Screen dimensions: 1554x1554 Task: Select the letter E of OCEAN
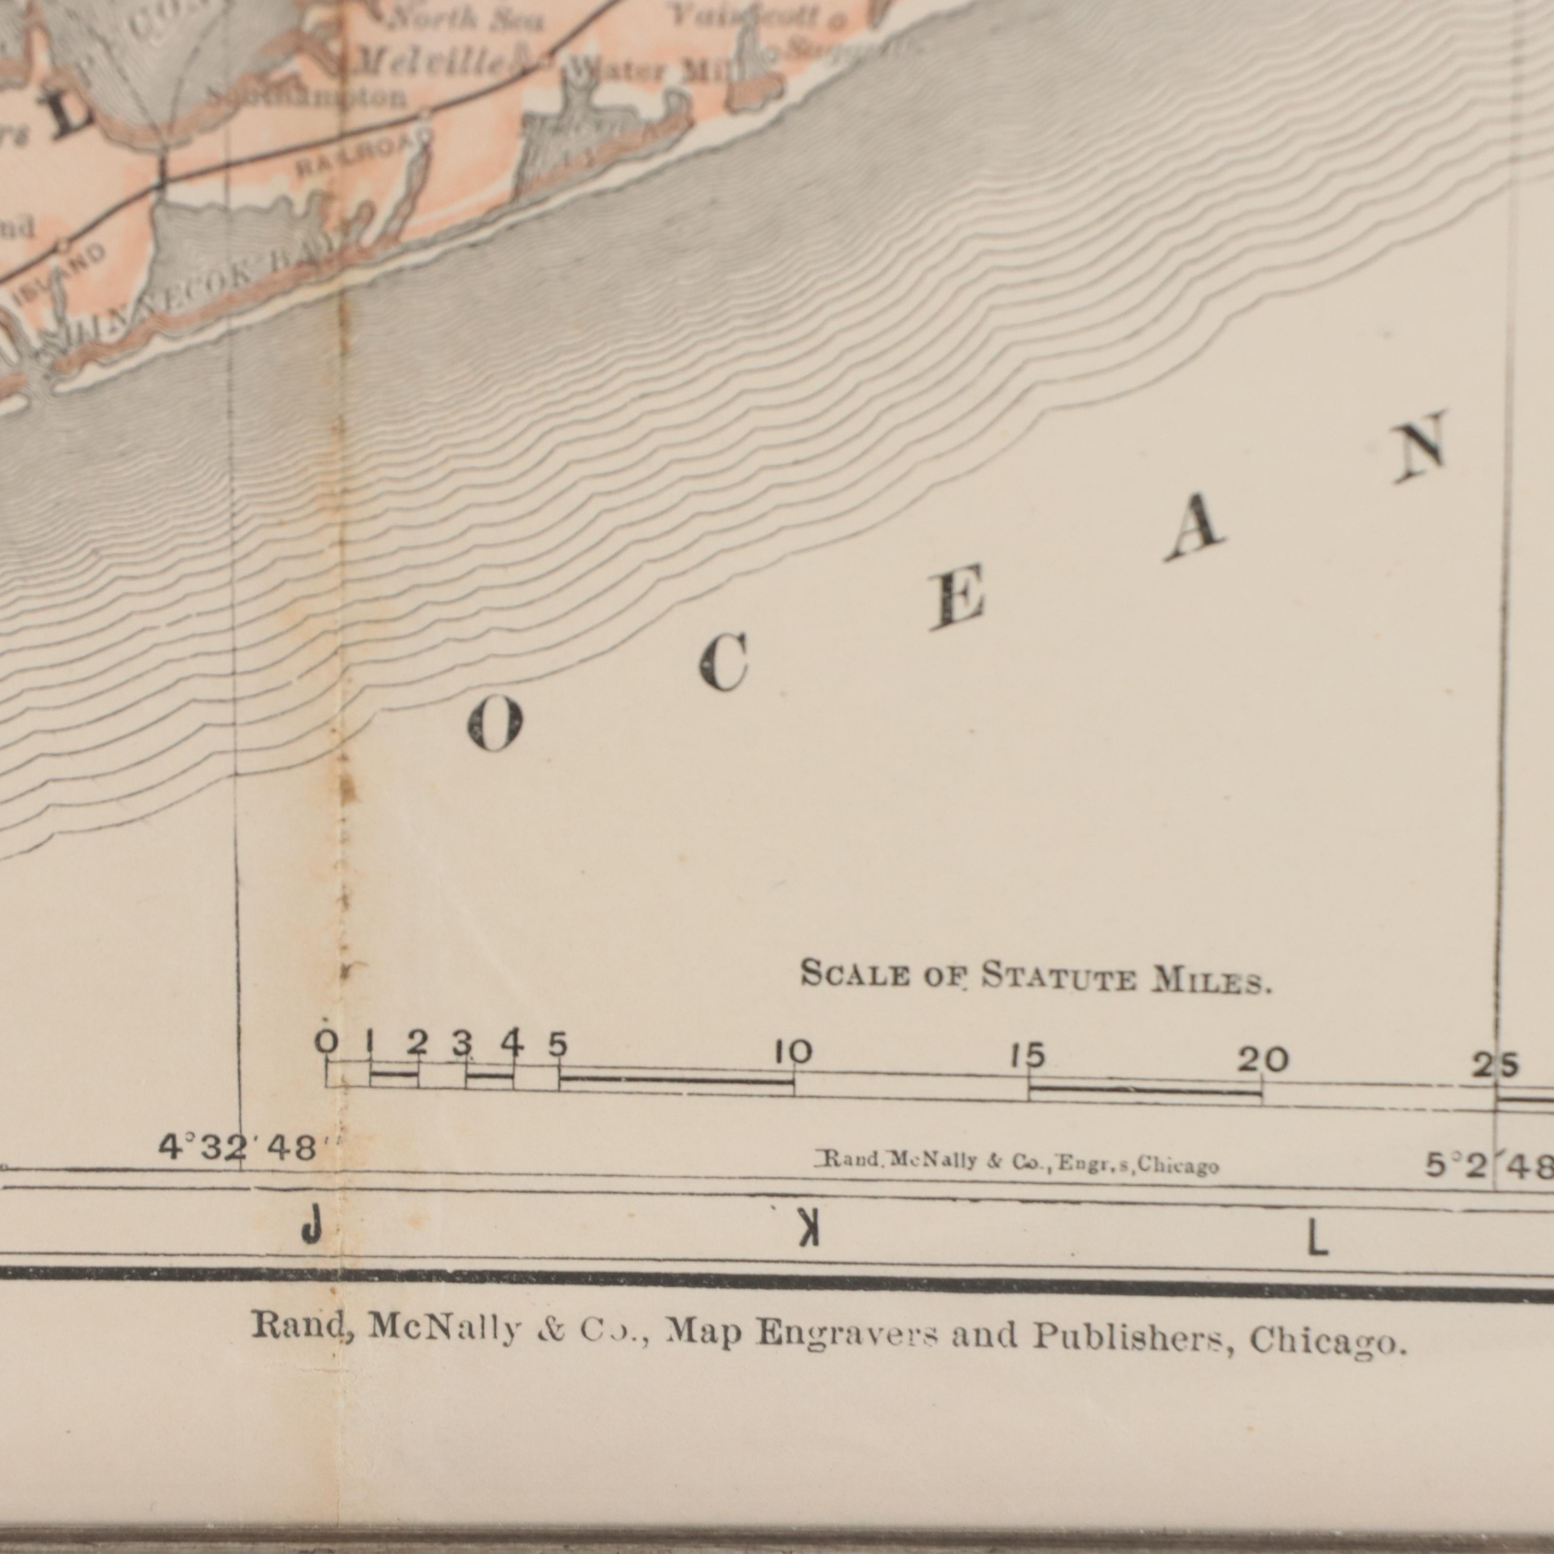pos(957,601)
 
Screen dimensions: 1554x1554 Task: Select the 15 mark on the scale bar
pos(1027,1056)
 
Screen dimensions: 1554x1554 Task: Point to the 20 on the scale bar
pos(1262,1062)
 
